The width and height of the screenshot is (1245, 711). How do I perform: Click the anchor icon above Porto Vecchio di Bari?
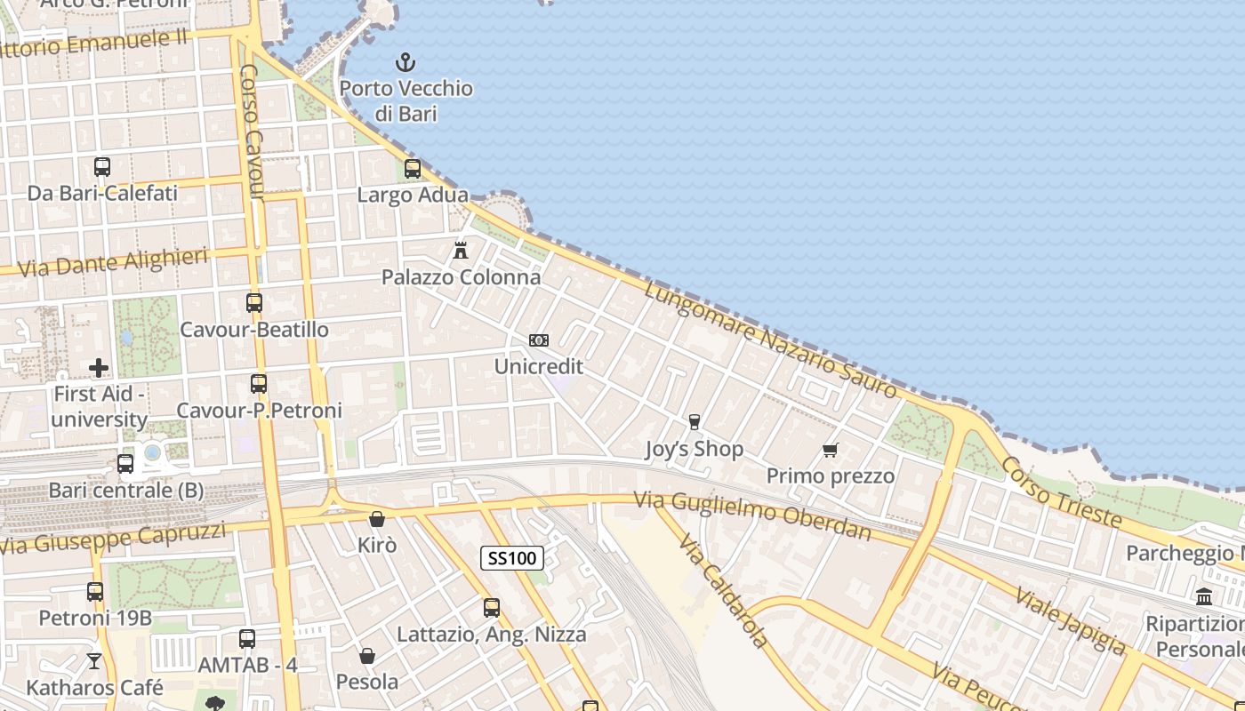point(406,62)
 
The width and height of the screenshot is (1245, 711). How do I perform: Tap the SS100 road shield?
point(512,558)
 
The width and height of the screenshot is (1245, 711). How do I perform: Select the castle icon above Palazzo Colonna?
point(461,251)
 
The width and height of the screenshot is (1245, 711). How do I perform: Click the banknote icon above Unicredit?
point(539,340)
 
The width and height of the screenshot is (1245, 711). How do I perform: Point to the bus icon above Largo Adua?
point(413,168)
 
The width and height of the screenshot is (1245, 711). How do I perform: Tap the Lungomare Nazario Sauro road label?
point(770,340)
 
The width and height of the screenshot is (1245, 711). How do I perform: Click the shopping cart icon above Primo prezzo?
point(831,451)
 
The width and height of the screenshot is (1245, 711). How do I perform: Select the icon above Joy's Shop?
point(695,422)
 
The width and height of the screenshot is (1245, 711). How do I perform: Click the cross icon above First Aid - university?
point(99,367)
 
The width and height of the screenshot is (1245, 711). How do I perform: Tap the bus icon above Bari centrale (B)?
point(125,463)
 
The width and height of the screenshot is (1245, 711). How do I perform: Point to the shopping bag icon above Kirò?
point(377,519)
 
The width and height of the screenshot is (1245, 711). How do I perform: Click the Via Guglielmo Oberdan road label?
point(752,515)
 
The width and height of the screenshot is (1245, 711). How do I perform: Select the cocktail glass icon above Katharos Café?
point(94,661)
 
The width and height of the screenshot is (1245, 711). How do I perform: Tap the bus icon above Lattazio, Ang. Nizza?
point(492,608)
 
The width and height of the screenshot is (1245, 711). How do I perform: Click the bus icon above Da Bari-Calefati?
point(102,166)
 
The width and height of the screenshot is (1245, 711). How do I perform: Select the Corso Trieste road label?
point(1062,491)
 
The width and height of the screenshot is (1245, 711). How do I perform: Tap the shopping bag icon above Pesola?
point(367,656)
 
